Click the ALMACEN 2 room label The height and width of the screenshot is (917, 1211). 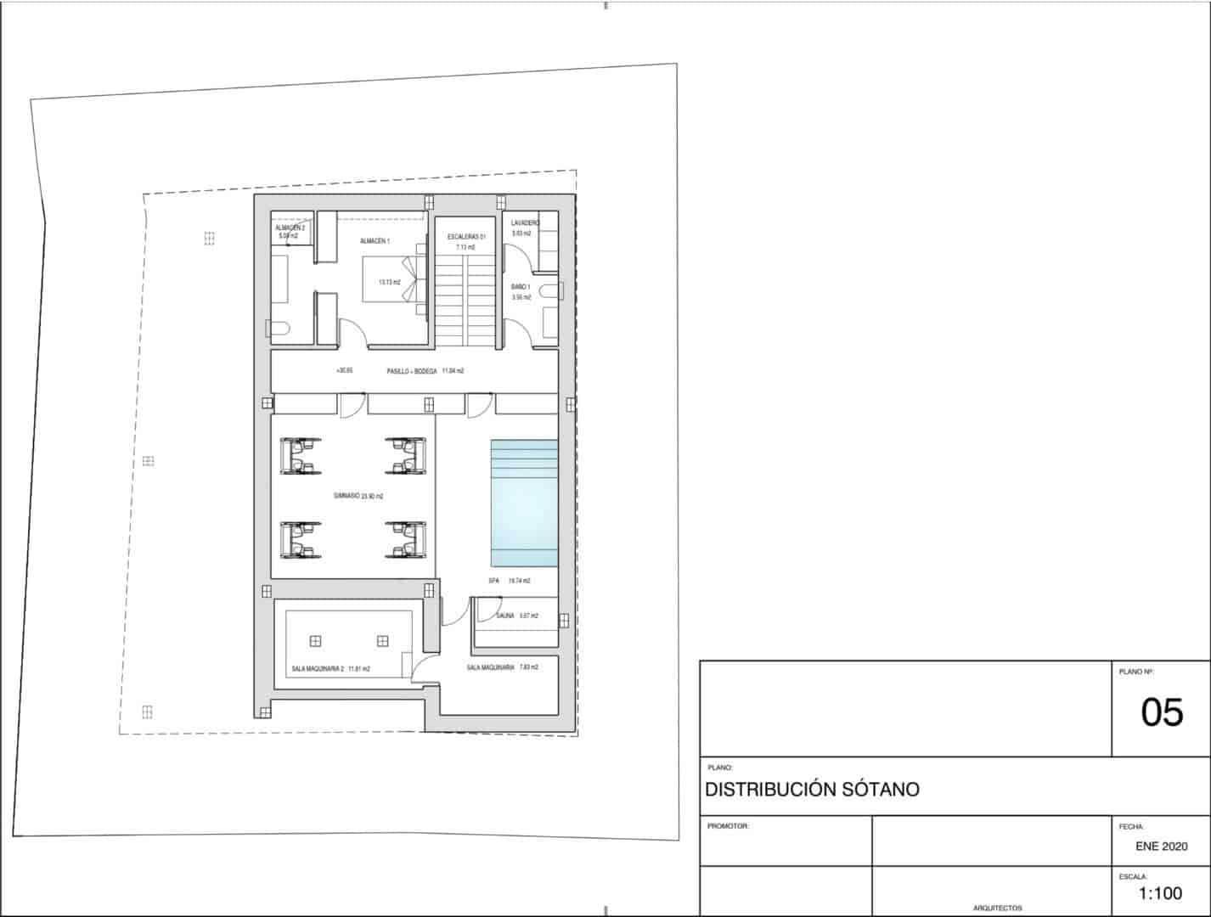pos(290,228)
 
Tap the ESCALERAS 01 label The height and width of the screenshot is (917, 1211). pos(466,236)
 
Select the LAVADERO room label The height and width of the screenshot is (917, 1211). pos(525,222)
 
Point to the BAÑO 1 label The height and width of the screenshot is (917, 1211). pos(521,287)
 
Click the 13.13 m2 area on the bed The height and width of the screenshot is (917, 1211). pos(389,282)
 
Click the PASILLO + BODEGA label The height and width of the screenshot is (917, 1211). pos(412,371)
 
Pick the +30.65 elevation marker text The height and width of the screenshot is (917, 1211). pos(344,371)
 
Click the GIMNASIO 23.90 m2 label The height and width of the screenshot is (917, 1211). pos(358,496)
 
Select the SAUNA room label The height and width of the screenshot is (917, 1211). pos(505,616)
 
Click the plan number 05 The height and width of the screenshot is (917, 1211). pos(1161,712)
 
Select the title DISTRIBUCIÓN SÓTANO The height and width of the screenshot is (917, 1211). pos(812,790)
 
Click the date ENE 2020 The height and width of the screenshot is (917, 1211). pos(1161,847)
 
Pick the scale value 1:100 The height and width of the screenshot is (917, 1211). pos(1160,893)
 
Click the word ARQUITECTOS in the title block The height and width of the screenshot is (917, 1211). pos(997,908)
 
